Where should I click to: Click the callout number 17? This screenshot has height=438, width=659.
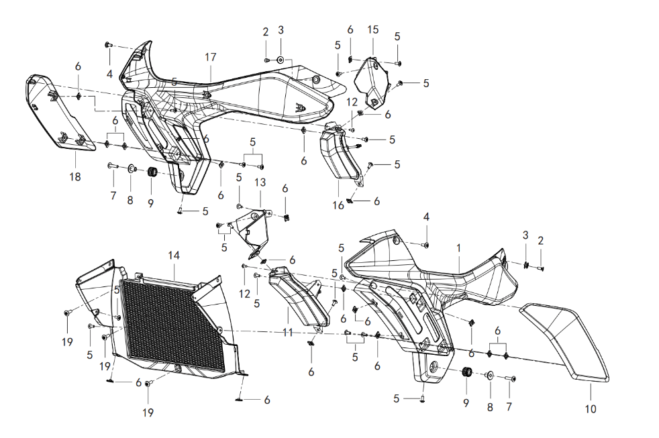tap(211, 57)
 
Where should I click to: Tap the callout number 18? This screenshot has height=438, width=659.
tap(74, 177)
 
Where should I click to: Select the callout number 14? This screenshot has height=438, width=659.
tap(174, 256)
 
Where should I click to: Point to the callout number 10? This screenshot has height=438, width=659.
tap(591, 408)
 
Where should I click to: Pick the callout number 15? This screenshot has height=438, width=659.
tap(373, 30)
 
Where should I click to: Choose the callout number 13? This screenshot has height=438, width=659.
tap(260, 182)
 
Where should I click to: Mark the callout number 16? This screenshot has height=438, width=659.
tap(338, 205)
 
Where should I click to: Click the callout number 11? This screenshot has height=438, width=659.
tap(287, 332)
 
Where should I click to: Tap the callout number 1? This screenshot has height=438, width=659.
tap(459, 248)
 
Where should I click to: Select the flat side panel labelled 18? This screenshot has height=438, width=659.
tap(59, 111)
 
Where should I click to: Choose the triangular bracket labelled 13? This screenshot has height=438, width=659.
tap(252, 233)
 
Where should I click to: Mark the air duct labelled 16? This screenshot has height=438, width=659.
tap(341, 156)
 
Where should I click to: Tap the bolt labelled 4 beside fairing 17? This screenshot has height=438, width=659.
tap(109, 44)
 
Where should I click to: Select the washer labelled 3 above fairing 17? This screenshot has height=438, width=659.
tap(281, 60)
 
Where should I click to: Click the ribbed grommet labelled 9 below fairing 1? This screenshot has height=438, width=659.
tap(466, 372)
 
